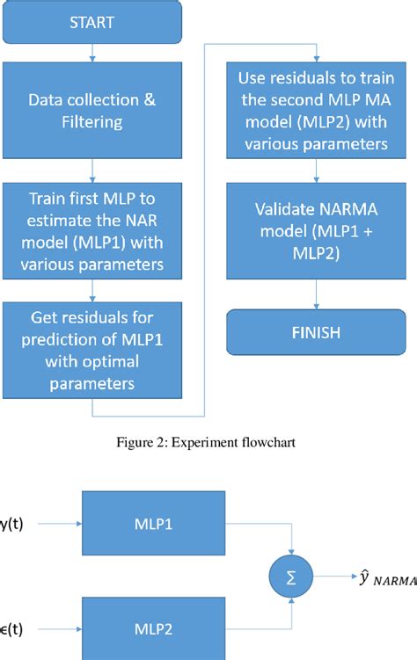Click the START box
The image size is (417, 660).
coord(91,22)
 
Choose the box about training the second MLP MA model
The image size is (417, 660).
coord(306,109)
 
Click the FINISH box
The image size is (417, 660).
coord(306,335)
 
